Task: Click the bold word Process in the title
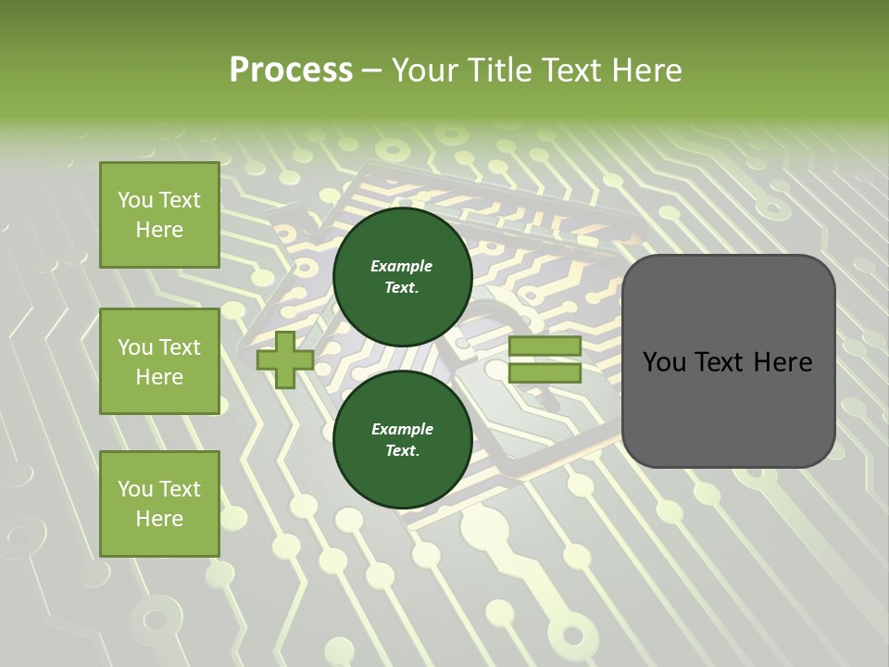click(x=291, y=70)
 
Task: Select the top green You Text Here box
click(x=159, y=215)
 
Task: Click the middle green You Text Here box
click(x=159, y=361)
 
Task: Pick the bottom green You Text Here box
click(x=159, y=503)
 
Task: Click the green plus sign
click(x=285, y=359)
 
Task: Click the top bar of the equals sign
click(x=545, y=346)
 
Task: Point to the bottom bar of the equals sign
click(x=545, y=373)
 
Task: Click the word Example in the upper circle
click(x=402, y=266)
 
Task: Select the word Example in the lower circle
click(x=402, y=429)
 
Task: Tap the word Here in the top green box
click(x=159, y=230)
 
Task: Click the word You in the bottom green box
click(x=136, y=488)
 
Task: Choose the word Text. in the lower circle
click(x=402, y=451)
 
